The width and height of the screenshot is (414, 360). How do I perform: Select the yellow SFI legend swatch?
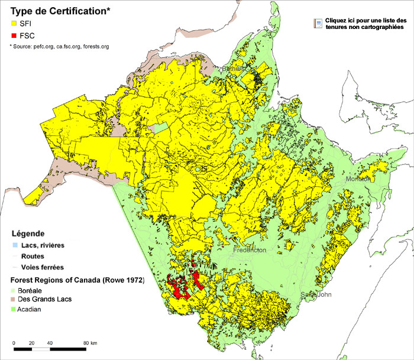[x=14, y=24]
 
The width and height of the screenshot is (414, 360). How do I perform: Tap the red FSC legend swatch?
[x=14, y=36]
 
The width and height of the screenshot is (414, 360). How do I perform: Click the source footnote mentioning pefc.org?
[x=56, y=46]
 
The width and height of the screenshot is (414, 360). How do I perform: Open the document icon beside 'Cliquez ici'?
[x=318, y=24]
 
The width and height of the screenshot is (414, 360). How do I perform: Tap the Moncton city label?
[x=358, y=179]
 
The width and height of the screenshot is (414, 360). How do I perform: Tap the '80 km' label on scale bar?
[x=90, y=343]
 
